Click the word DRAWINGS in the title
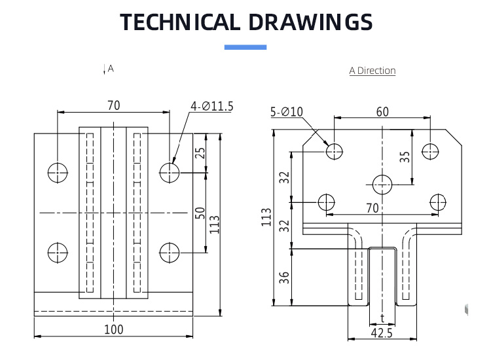pos(310,22)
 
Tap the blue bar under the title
pos(245,47)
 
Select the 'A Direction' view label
pos(373,71)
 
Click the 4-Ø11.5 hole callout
pos(212,107)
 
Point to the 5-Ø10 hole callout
pos(287,112)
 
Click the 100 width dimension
pos(114,329)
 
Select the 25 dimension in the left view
pos(200,153)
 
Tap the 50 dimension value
pos(200,213)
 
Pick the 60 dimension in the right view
pos(382,112)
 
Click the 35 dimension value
pos(405,156)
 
